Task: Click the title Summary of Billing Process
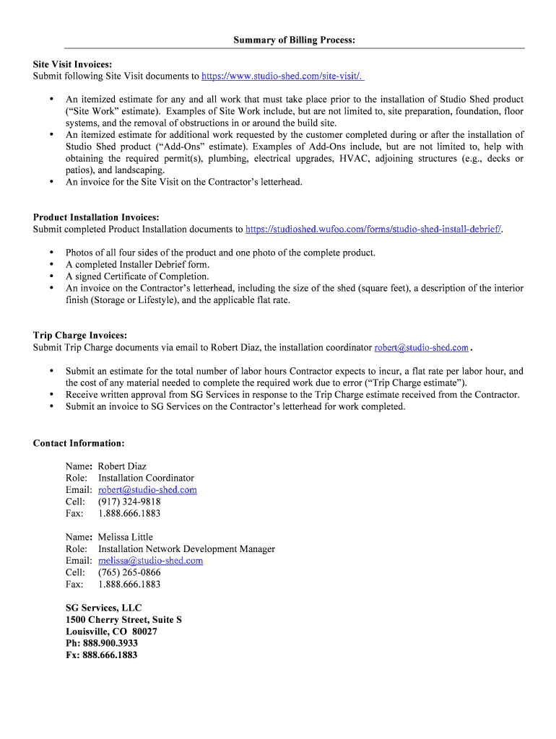[x=294, y=40]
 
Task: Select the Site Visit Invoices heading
[x=72, y=64]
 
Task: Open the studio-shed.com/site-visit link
[x=282, y=76]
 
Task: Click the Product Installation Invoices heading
[x=96, y=217]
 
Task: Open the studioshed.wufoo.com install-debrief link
[x=373, y=229]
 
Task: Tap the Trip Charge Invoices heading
[x=80, y=336]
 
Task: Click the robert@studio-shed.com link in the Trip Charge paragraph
[x=421, y=348]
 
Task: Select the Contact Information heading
[x=79, y=443]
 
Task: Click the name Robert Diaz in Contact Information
[x=122, y=466]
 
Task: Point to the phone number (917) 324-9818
[x=129, y=502]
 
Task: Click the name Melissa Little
[x=126, y=537]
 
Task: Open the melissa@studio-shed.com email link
[x=150, y=561]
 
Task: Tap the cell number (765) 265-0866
[x=129, y=572]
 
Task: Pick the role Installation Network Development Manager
[x=186, y=549]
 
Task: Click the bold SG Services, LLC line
[x=103, y=608]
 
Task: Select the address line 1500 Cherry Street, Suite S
[x=123, y=620]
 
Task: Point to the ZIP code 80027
[x=144, y=631]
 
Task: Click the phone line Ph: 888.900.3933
[x=101, y=643]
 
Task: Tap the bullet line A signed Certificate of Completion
[x=137, y=276]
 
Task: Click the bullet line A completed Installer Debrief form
[x=137, y=265]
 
